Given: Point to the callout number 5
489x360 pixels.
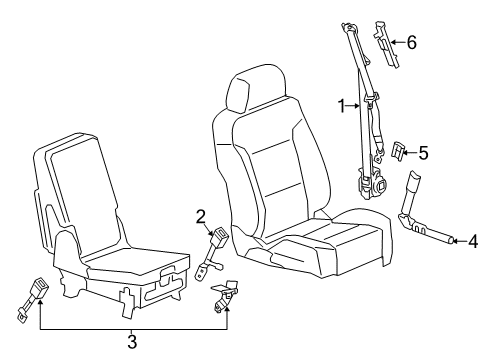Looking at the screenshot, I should click(x=423, y=153).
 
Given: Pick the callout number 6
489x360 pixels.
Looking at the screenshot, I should click(x=411, y=42).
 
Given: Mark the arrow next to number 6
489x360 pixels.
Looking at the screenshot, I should click(x=396, y=42).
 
